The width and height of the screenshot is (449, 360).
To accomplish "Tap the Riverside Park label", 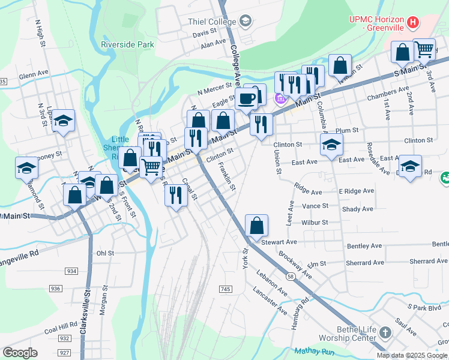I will pos(128,44).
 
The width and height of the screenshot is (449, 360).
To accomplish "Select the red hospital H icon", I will pos(412,23).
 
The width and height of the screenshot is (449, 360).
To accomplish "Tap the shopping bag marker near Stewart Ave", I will pos(256,226).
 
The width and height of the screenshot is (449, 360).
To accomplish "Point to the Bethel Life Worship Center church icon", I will pos(385,332).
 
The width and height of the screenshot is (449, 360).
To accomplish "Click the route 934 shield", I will pos(71,271).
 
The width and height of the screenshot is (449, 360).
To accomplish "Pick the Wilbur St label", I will pos(315,222).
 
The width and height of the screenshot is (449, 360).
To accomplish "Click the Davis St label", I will pos(205,34).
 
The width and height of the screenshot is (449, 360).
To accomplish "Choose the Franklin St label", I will pos(227,176).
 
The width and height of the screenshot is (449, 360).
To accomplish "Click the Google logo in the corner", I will pos(20,353).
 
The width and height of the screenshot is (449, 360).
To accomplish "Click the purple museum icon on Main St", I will pos(279,98).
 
